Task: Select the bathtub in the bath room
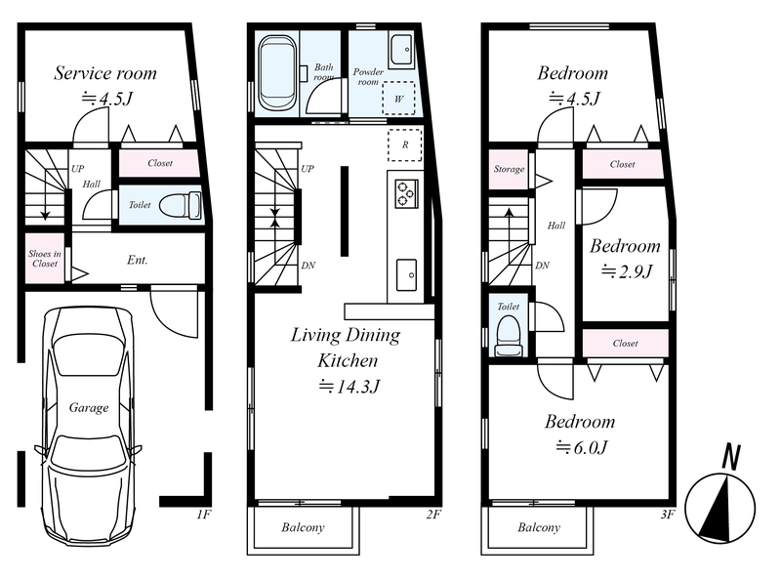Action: [x=278, y=72]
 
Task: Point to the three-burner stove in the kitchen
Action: [x=406, y=194]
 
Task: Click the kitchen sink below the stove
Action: [x=407, y=274]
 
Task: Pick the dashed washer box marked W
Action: [x=398, y=99]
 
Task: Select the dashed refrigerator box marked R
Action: [x=405, y=144]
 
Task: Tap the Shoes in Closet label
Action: [x=45, y=259]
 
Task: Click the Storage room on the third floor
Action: [x=509, y=170]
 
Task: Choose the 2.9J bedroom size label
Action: [x=627, y=271]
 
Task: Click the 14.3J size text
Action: [x=349, y=387]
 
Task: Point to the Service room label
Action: [x=105, y=73]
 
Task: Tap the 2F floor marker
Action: [x=433, y=514]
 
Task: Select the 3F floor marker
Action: [x=668, y=514]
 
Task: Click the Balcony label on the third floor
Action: [x=539, y=527]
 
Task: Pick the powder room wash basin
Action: [x=401, y=50]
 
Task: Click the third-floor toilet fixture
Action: [x=508, y=336]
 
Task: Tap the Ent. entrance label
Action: [x=138, y=260]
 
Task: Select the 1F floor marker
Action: [x=203, y=514]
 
